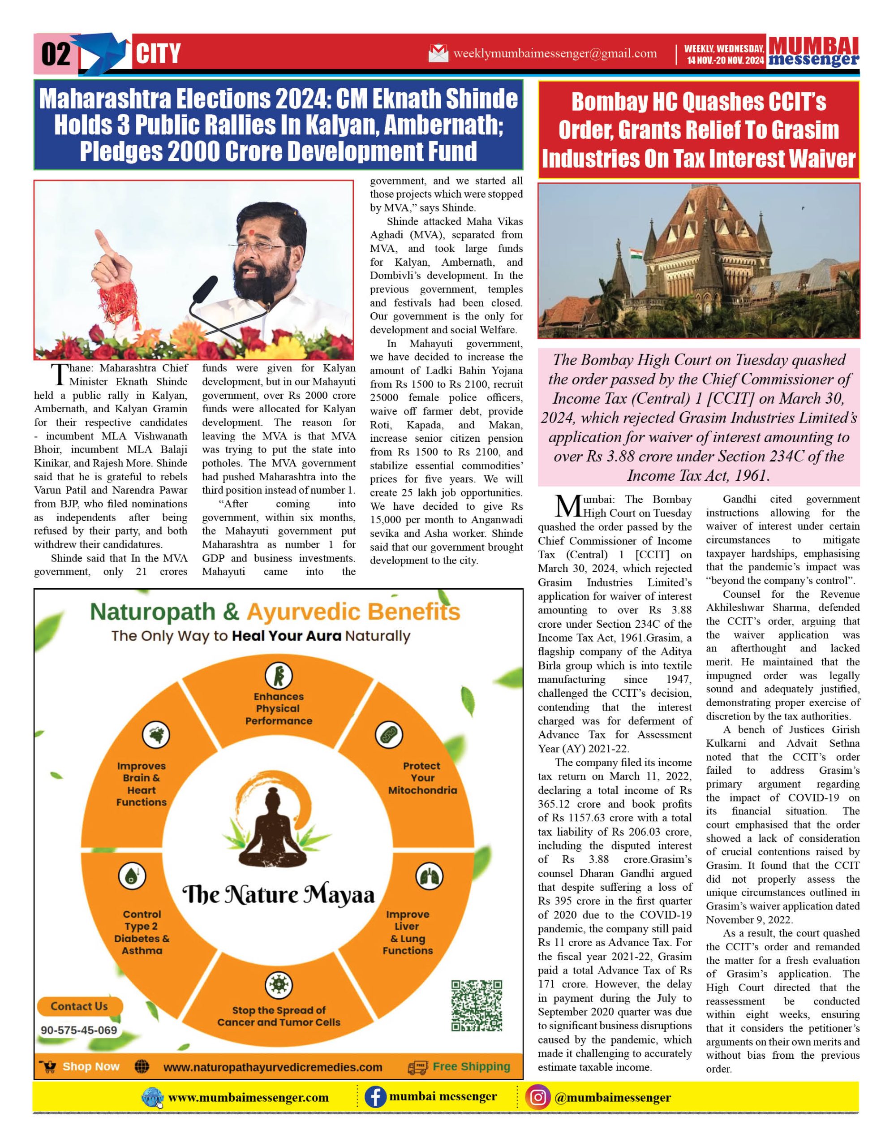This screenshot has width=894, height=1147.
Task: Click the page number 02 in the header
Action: (x=56, y=54)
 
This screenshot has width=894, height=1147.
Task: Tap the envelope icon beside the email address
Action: (x=438, y=53)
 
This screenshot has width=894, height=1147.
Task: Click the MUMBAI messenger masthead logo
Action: (x=813, y=52)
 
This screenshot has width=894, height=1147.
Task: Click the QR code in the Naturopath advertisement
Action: (x=477, y=1005)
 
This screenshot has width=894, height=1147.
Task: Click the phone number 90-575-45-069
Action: (x=79, y=1030)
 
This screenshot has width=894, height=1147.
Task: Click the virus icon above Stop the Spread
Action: (x=279, y=985)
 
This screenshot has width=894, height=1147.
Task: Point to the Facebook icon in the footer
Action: (x=375, y=1097)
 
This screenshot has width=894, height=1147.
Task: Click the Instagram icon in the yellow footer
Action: (x=537, y=1098)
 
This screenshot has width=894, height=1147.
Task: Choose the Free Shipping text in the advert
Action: (x=471, y=1067)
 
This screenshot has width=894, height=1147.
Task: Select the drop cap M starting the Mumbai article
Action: (x=567, y=506)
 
